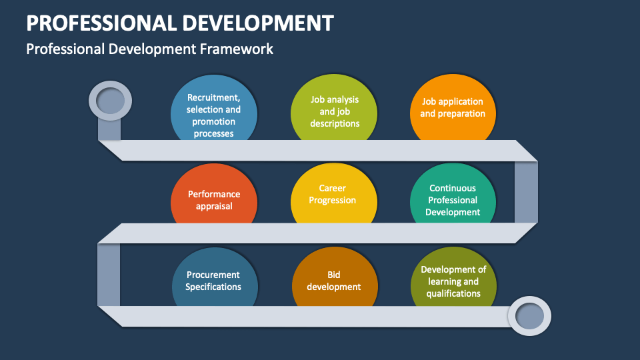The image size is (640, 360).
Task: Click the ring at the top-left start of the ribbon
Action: click(x=111, y=101)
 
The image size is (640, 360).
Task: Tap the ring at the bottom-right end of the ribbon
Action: click(x=529, y=315)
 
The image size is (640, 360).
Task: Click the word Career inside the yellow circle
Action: click(x=332, y=189)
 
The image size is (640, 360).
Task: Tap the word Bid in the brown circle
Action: click(x=334, y=274)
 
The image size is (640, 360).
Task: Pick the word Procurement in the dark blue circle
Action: click(x=213, y=275)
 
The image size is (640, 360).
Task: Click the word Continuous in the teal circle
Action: click(x=453, y=189)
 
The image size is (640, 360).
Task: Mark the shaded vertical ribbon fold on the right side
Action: click(x=526, y=191)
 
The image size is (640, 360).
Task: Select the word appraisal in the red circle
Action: click(x=214, y=206)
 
